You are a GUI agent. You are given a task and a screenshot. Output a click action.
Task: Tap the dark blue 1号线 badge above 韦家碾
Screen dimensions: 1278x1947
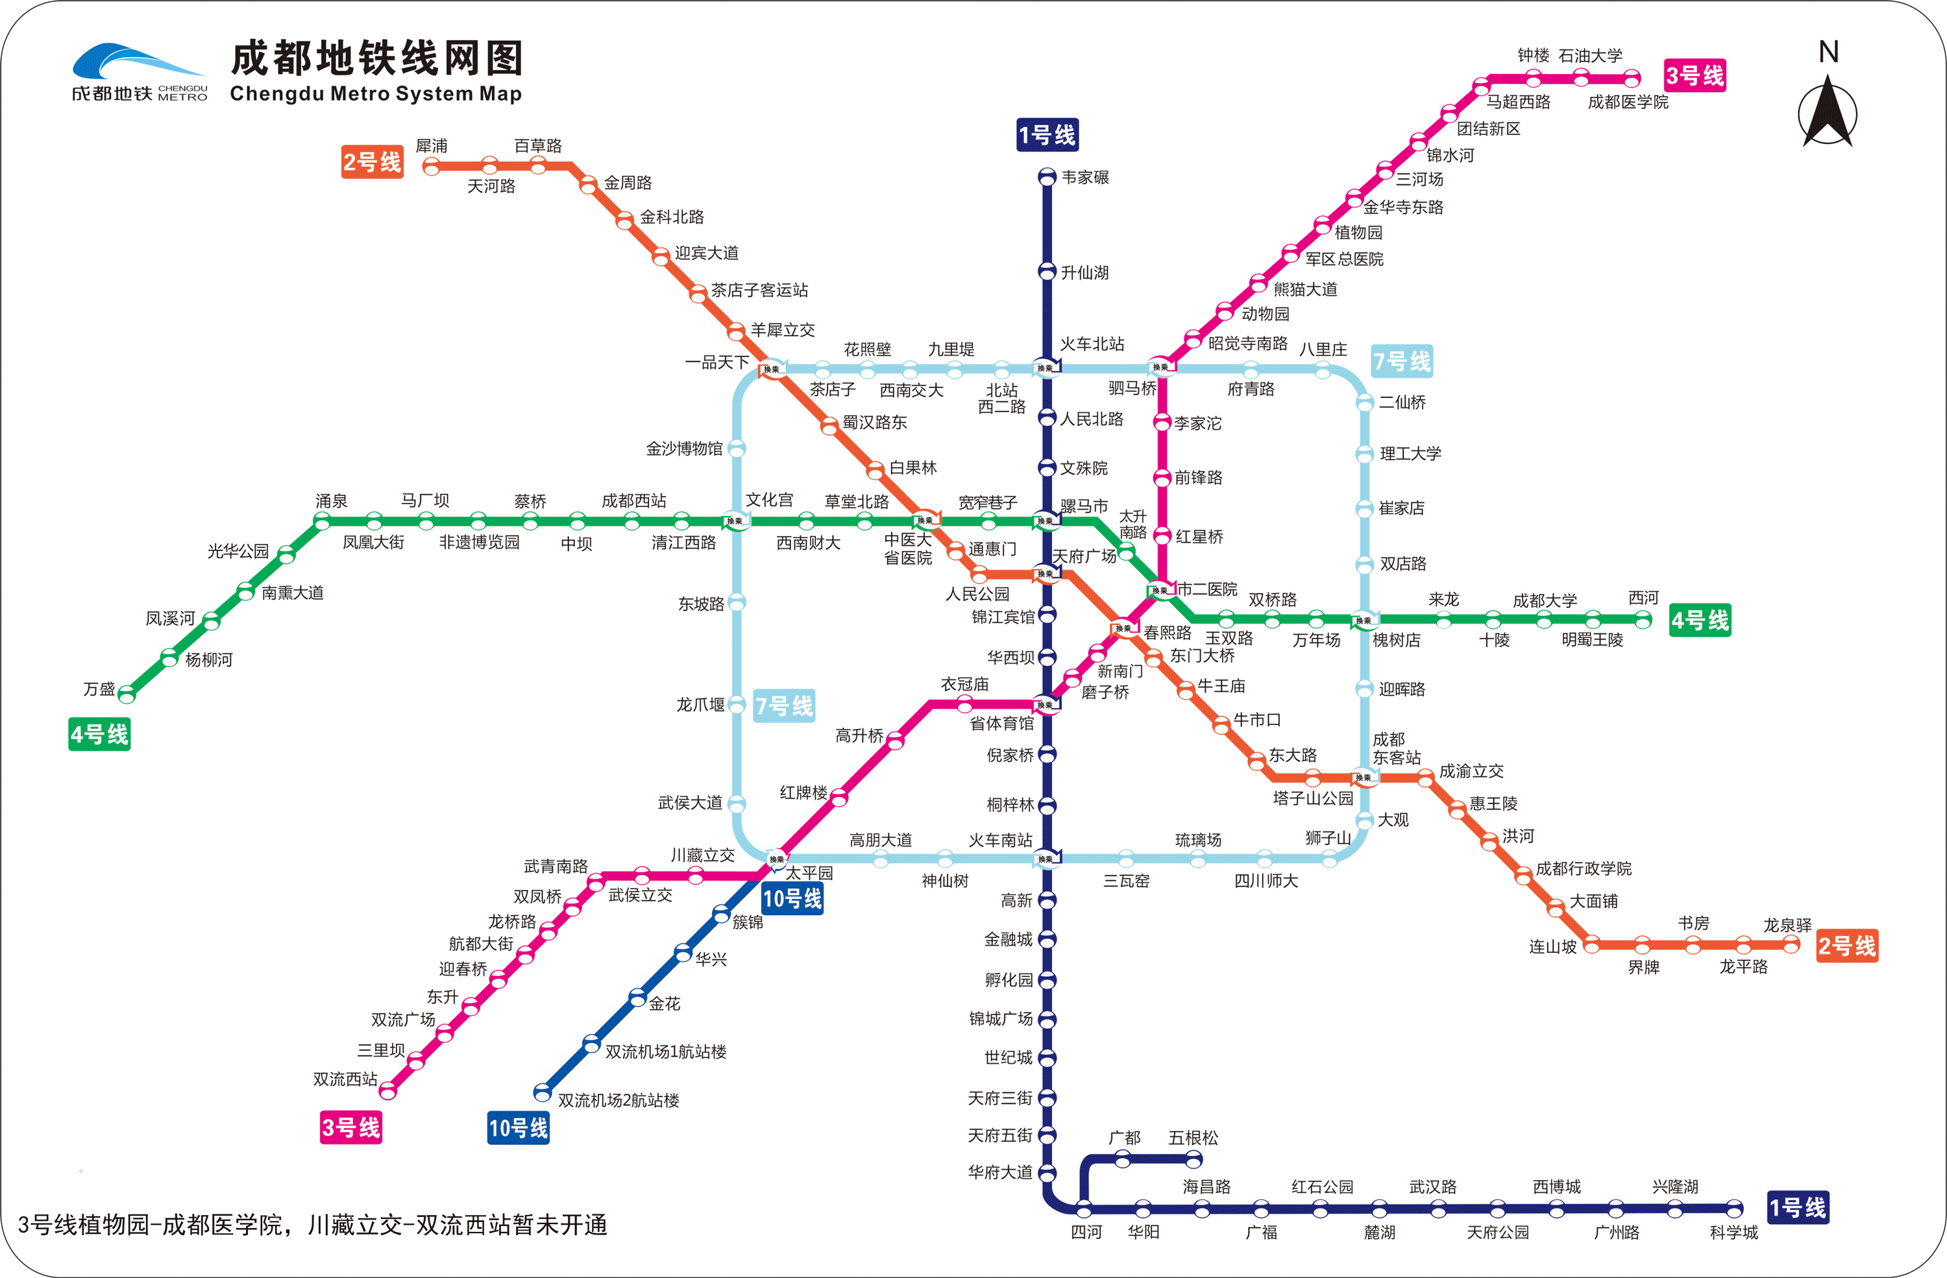(x=1047, y=135)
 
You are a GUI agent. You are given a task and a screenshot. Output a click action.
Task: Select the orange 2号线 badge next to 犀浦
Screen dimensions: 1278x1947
(x=373, y=162)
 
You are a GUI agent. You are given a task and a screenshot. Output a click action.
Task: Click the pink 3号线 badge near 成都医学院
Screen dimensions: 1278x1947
(x=1695, y=76)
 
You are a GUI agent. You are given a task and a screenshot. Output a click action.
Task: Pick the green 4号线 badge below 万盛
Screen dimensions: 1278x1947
(x=99, y=734)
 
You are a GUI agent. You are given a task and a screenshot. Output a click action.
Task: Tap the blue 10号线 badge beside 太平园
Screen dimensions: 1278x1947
(x=792, y=898)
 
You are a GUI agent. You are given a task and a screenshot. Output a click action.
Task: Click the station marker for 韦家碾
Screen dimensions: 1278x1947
(x=1047, y=177)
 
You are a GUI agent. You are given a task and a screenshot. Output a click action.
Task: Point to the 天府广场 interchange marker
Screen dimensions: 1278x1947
(x=1047, y=574)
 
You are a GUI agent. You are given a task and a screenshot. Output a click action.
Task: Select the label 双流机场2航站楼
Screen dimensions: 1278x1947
(x=618, y=1100)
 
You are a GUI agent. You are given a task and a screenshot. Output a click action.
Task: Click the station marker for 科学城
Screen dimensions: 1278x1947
(x=1733, y=1209)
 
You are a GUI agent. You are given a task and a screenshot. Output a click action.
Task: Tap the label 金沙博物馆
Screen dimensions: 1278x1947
(x=684, y=449)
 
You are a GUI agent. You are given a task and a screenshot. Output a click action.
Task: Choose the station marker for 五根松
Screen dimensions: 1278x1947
(x=1194, y=1158)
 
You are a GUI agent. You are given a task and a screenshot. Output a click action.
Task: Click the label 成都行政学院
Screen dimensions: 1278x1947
(x=1584, y=868)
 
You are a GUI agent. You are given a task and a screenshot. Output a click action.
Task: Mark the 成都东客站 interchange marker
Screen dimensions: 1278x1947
(x=1364, y=778)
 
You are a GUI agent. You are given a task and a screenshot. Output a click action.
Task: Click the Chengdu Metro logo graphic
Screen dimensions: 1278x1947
(x=139, y=72)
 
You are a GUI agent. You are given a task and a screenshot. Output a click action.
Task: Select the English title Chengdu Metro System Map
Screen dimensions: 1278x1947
(x=376, y=94)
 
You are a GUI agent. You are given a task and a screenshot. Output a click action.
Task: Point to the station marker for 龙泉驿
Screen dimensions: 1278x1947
(x=1791, y=945)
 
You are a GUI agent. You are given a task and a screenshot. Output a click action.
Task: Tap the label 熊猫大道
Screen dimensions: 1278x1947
(x=1305, y=289)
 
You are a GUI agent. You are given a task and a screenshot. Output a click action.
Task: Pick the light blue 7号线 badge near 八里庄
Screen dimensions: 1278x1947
(x=1401, y=361)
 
